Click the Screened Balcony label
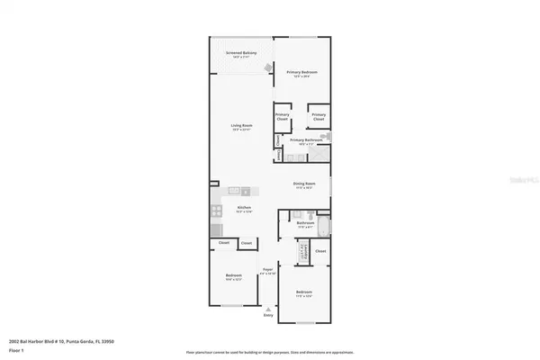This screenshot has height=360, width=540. (x=242, y=55)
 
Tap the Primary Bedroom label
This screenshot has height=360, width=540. (x=302, y=73)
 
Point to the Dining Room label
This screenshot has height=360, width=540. (x=303, y=185)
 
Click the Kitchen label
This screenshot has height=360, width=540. (x=243, y=208)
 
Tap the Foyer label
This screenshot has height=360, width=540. (x=267, y=271)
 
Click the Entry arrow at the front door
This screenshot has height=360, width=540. (x=267, y=308)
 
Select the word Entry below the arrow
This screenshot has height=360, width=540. (x=267, y=316)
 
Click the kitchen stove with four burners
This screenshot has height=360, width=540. (x=216, y=211)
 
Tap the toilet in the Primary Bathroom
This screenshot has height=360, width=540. (x=328, y=137)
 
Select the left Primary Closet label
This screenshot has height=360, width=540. (x=282, y=116)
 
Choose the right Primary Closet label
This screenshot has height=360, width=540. (x=318, y=116)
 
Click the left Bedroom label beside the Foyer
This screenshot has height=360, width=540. (x=233, y=275)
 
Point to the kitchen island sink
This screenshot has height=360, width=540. (x=242, y=191)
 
